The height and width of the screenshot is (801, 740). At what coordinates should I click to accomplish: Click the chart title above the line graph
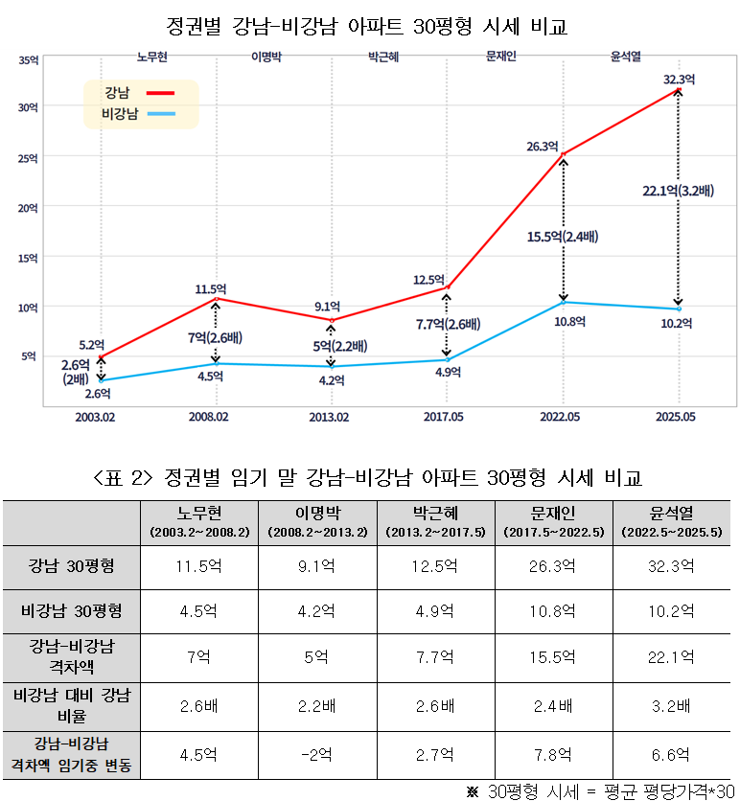[367, 26]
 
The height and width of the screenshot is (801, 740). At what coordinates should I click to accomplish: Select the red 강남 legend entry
[140, 93]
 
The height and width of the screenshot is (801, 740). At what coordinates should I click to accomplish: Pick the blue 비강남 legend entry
[138, 115]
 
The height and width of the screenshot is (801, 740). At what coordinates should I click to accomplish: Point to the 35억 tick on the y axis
[29, 59]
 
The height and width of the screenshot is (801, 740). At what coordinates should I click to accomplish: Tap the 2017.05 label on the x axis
[444, 417]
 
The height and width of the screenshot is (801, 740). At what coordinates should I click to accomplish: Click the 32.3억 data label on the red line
[679, 79]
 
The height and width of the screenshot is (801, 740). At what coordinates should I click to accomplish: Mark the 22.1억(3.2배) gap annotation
[678, 191]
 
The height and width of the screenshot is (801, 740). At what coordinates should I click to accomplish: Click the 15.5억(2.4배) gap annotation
[563, 236]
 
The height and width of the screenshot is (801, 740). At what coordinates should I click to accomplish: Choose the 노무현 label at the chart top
[152, 57]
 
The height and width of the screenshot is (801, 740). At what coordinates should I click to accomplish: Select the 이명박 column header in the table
[318, 521]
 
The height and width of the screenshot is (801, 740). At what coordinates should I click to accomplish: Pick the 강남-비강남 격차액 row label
[72, 656]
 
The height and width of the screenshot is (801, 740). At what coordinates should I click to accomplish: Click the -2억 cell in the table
[318, 754]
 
